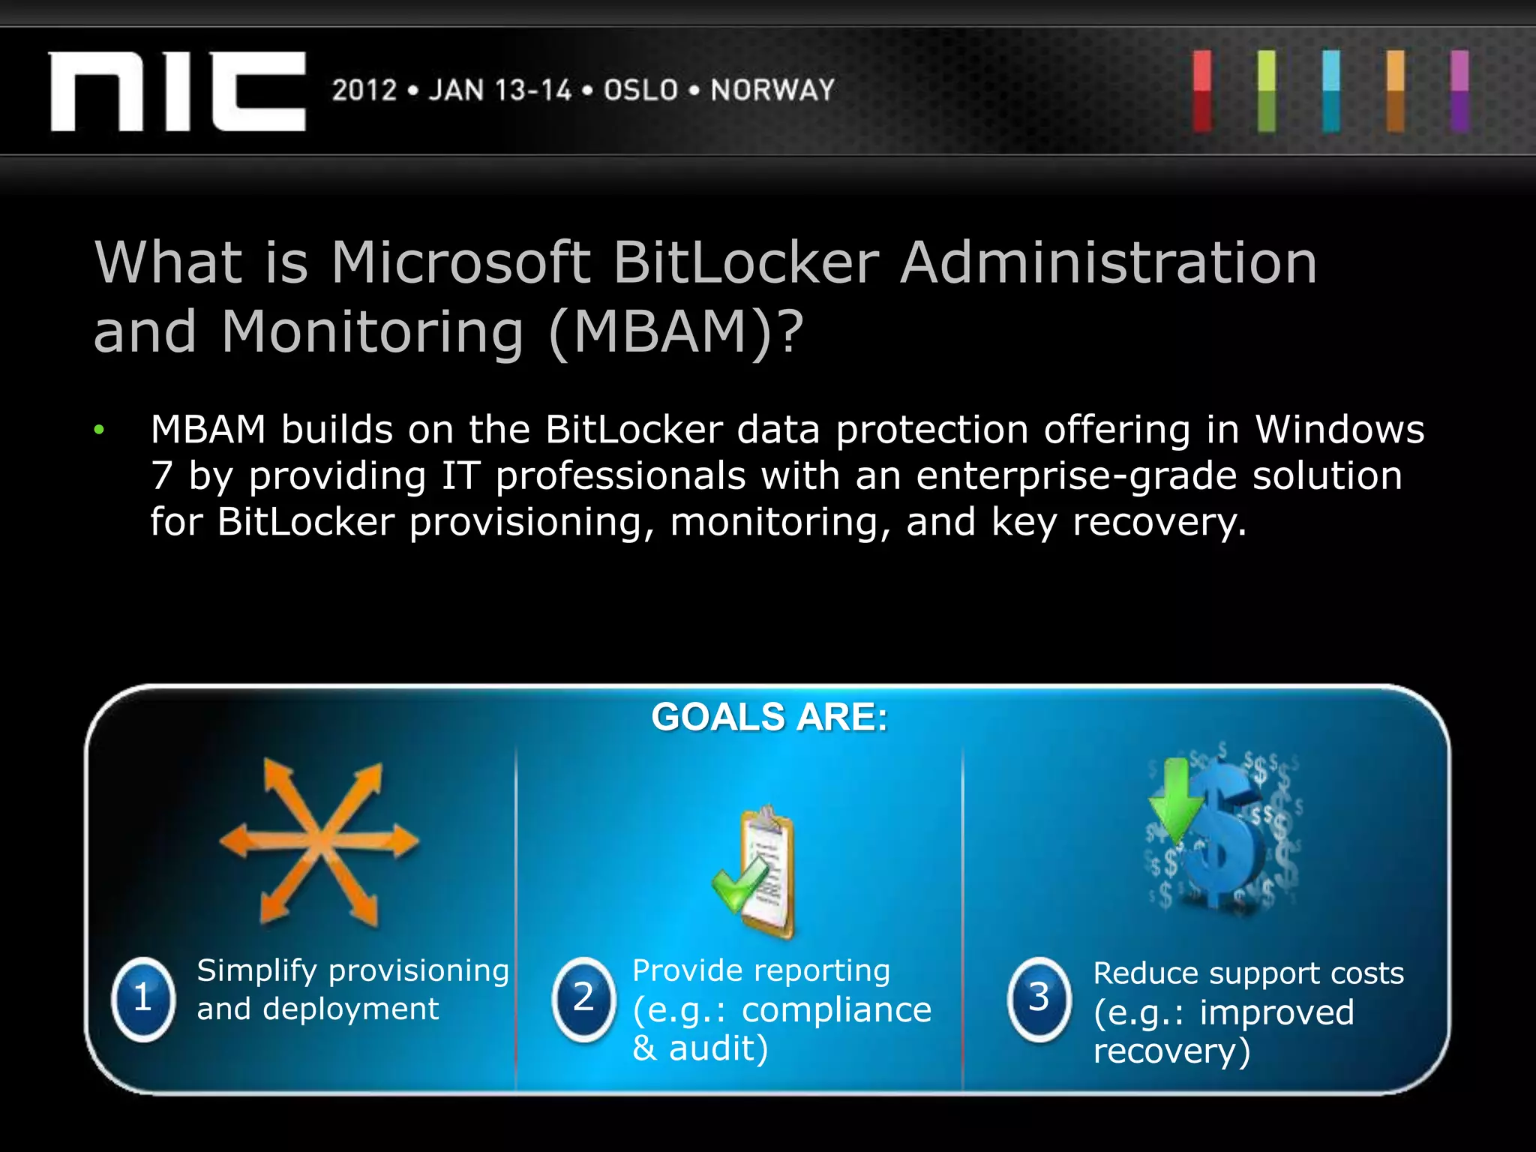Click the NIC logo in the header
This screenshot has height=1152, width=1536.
178,91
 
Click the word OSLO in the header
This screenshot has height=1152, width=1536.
641,91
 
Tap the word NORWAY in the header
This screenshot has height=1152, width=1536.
772,91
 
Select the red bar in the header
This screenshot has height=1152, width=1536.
1202,91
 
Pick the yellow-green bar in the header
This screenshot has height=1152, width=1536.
1267,91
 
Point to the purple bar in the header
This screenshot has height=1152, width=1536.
1459,91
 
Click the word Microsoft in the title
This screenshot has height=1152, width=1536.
460,263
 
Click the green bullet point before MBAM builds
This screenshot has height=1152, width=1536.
99,430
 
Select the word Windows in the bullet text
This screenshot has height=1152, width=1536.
1339,430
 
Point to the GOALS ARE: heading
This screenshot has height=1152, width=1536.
769,717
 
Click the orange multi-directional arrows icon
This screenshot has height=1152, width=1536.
319,841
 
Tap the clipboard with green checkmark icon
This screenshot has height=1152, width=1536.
757,871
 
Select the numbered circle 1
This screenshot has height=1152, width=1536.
143,998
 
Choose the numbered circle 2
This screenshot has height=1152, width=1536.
583,998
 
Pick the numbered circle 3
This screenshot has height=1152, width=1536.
1039,998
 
